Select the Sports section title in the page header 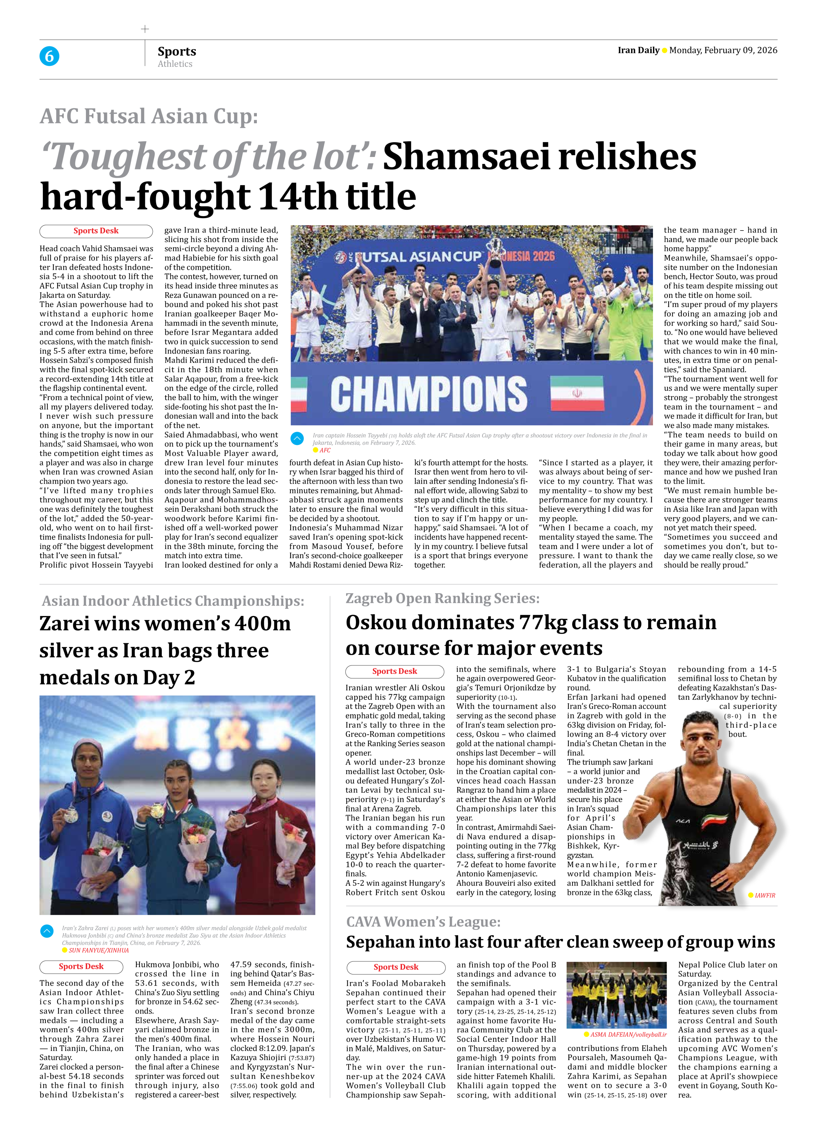(177, 51)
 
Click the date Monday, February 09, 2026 (723, 50)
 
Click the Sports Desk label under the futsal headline (96, 231)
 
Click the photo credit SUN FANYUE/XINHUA (98, 950)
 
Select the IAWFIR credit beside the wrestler (764, 895)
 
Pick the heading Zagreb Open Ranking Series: (442, 598)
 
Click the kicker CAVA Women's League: (423, 921)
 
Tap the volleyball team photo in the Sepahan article (617, 994)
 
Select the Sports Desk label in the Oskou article (394, 672)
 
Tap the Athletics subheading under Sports (175, 64)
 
